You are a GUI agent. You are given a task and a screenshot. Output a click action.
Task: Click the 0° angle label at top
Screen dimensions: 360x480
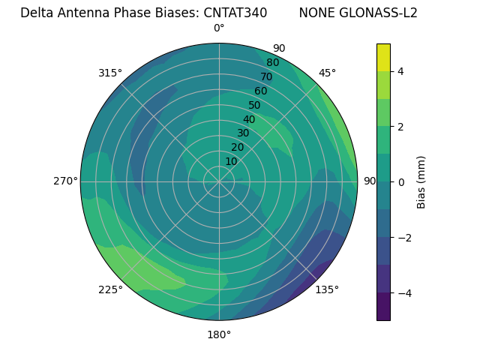pyautogui.click(x=219, y=28)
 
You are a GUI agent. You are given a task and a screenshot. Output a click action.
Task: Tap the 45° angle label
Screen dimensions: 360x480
pyautogui.click(x=327, y=73)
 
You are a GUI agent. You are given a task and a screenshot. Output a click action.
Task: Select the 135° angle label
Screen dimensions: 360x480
pyautogui.click(x=327, y=289)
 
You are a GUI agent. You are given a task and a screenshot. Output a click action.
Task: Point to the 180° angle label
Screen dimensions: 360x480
pyautogui.click(x=219, y=334)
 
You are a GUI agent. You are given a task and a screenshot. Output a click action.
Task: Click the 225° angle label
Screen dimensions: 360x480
pyautogui.click(x=110, y=289)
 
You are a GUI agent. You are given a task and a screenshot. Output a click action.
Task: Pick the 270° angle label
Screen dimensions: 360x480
pyautogui.click(x=65, y=181)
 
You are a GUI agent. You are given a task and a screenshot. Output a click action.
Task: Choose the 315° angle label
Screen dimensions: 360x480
pyautogui.click(x=110, y=73)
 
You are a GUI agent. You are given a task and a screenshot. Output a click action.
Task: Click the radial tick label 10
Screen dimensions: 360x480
pyautogui.click(x=231, y=162)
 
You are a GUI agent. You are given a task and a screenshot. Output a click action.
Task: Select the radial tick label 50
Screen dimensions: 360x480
pyautogui.click(x=254, y=105)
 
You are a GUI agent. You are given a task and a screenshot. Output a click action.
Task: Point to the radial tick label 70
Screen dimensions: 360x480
pyautogui.click(x=266, y=76)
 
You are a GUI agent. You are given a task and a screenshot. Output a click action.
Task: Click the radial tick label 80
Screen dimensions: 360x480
pyautogui.click(x=272, y=62)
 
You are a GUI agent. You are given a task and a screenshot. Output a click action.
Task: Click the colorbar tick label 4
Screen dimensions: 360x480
pyautogui.click(x=400, y=71)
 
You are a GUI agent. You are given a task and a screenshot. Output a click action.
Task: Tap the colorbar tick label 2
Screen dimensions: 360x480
pyautogui.click(x=400, y=127)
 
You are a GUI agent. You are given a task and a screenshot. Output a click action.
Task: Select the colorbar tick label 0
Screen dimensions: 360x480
pyautogui.click(x=400, y=182)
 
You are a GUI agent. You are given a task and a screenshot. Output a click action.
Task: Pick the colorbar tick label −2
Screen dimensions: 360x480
pyautogui.click(x=404, y=238)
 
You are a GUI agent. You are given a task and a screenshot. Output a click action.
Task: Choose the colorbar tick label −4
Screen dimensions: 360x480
pyautogui.click(x=404, y=293)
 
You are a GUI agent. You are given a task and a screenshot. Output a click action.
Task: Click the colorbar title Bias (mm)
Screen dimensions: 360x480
pyautogui.click(x=421, y=182)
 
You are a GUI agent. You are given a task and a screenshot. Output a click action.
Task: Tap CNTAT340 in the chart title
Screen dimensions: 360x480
pyautogui.click(x=235, y=13)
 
